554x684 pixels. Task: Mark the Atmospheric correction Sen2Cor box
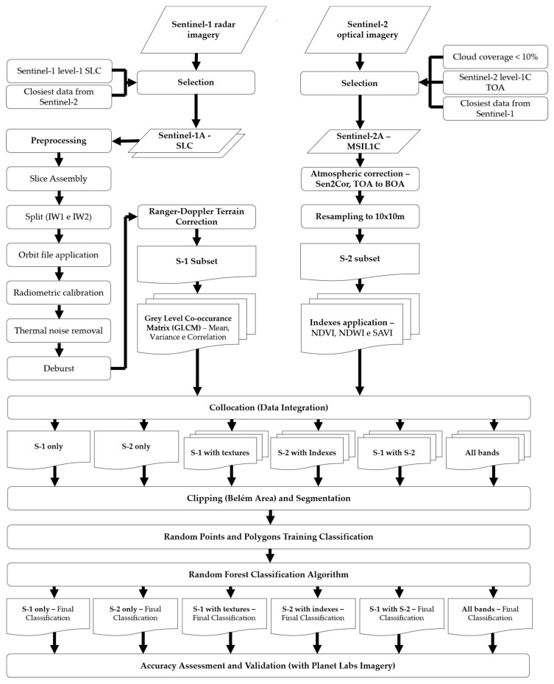click(360, 177)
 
